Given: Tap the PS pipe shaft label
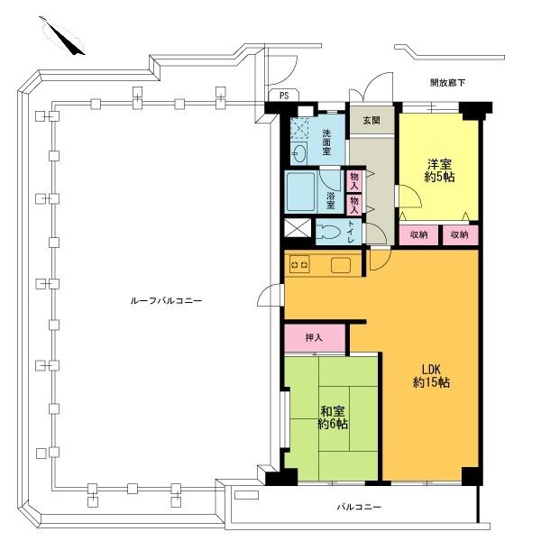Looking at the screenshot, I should tap(284, 95).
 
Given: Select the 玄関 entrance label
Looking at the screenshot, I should tap(371, 120).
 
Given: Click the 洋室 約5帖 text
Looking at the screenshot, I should tap(439, 171).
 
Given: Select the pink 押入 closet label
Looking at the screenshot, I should tap(314, 338).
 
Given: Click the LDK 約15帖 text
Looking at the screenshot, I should tap(431, 374).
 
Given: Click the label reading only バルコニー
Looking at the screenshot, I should tap(359, 508).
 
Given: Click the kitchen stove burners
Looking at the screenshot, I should tap(299, 265).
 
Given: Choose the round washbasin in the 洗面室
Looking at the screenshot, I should tap(298, 152).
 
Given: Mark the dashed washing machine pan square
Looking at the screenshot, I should tap(300, 127).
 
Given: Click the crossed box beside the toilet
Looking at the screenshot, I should tap(296, 229).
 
